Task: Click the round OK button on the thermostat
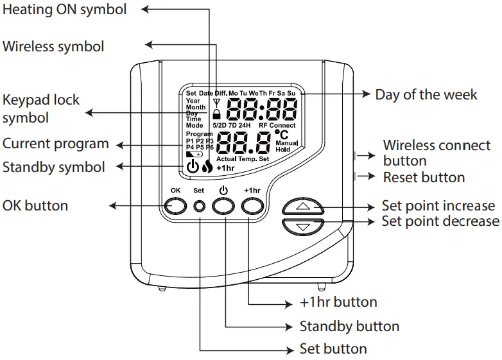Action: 175,205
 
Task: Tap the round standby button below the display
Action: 223,205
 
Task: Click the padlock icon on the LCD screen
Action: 217,114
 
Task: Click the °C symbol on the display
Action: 281,135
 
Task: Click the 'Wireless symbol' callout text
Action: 53,46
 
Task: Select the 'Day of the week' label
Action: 426,94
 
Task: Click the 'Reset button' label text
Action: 424,176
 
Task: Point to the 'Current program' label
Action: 55,142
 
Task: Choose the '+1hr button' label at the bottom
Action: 338,302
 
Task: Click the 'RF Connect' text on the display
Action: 277,126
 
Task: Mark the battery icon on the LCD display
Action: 193,155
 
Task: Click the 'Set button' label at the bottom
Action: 333,349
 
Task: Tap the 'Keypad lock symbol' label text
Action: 41,108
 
